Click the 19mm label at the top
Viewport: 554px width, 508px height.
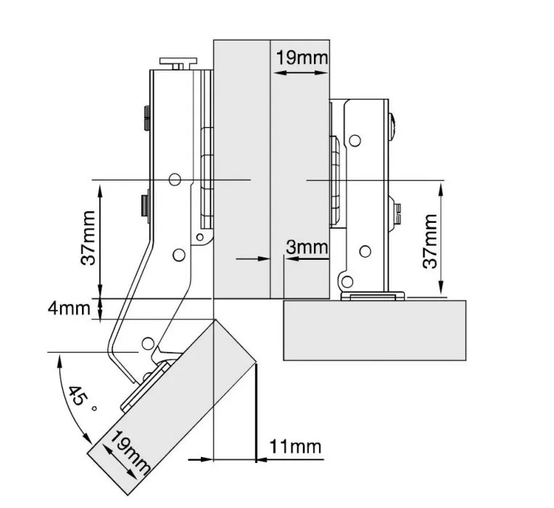coord(302,57)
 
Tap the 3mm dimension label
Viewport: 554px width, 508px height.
coord(307,247)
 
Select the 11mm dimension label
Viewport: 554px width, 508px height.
coord(295,446)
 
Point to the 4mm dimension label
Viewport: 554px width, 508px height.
coord(70,308)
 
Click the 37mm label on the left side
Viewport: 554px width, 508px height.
coord(88,238)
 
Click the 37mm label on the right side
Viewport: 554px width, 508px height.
coord(430,241)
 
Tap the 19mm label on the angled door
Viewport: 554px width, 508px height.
coord(130,452)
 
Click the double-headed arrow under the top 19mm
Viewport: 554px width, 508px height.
coord(302,73)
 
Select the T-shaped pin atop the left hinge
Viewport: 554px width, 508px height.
coord(178,63)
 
